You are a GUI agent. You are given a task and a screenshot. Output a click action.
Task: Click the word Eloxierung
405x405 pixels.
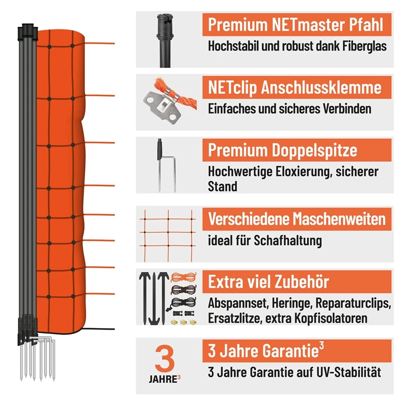[x=303, y=172]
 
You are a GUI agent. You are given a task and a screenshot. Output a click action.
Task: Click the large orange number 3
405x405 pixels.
[x=165, y=357]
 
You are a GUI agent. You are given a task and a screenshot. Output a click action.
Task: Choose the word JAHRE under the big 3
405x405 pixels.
[x=161, y=379]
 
